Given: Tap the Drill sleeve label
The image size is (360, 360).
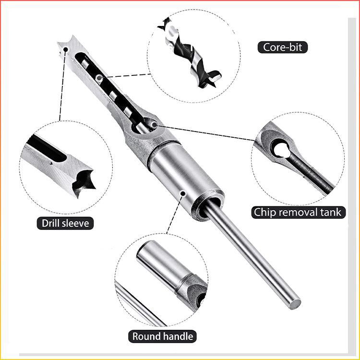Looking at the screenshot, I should [x=65, y=223].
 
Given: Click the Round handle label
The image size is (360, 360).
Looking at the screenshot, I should [x=164, y=336].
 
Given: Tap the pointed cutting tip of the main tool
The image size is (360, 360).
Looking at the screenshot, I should [x=61, y=46].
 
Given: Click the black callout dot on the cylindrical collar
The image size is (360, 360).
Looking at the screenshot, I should [x=182, y=193].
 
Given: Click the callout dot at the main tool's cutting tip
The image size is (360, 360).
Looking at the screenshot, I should [x=65, y=48].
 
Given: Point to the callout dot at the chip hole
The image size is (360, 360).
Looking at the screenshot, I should [x=154, y=124].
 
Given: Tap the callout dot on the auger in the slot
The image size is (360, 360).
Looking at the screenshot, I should [x=99, y=77].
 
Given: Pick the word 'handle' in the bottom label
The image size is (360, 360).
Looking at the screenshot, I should [x=178, y=336].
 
